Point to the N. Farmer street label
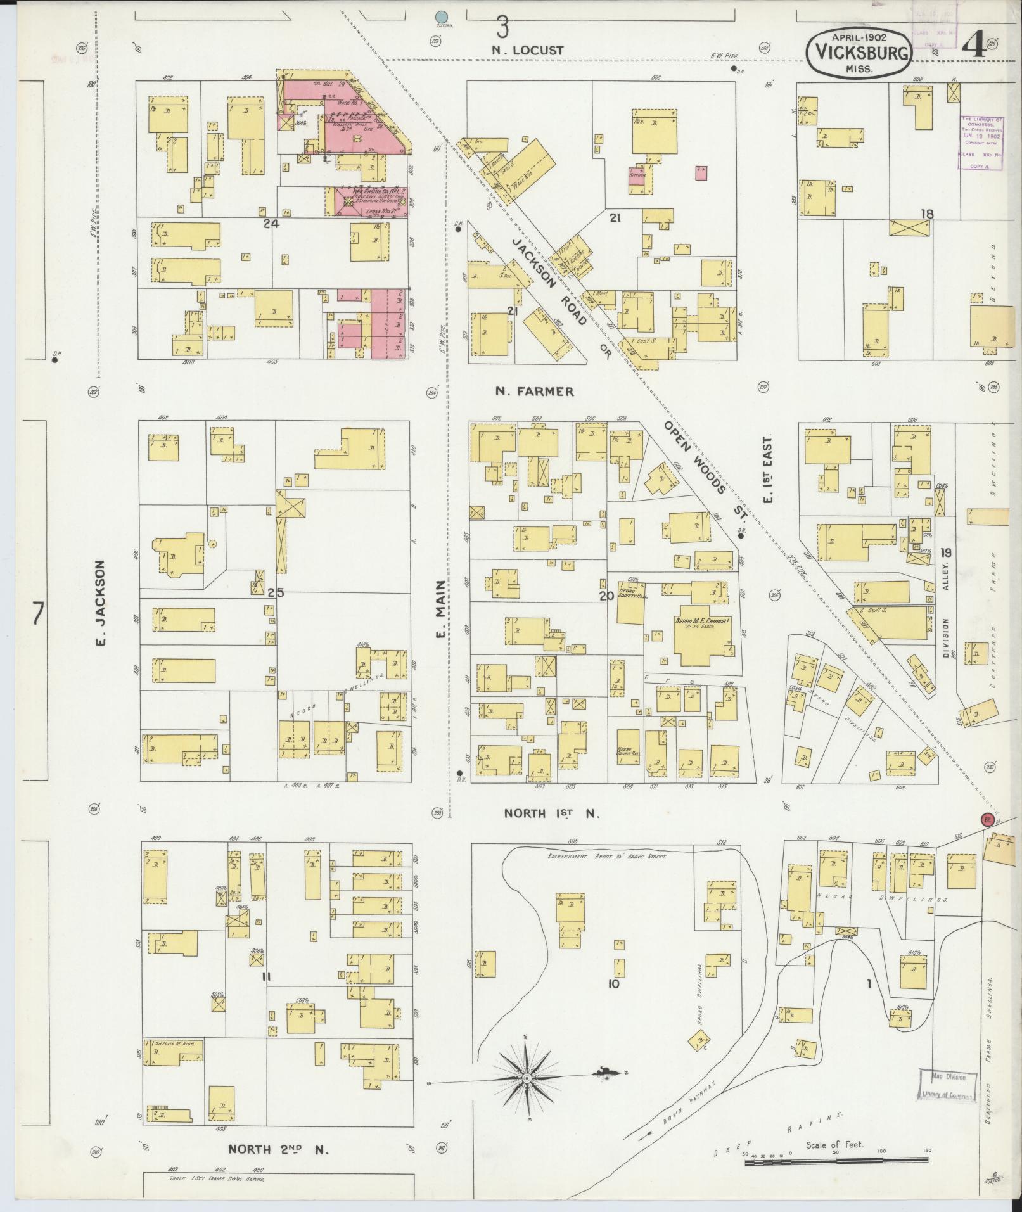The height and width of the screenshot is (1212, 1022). [534, 392]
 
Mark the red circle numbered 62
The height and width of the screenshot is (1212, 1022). [987, 819]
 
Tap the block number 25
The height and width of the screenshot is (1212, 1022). [276, 593]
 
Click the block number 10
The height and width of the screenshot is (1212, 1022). [613, 984]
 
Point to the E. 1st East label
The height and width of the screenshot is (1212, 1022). [769, 469]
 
